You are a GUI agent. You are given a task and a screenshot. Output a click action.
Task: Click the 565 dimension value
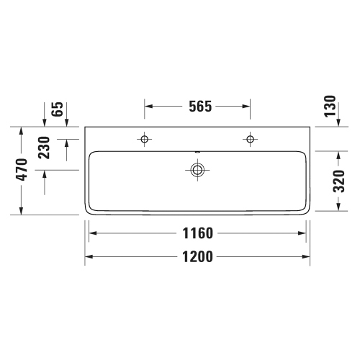(198, 107)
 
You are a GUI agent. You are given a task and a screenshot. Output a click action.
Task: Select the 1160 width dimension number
(198, 233)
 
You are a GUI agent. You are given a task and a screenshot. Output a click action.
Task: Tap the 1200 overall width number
(198, 256)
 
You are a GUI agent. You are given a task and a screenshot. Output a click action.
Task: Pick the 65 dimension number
(58, 112)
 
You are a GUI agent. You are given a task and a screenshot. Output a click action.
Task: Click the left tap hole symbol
(145, 138)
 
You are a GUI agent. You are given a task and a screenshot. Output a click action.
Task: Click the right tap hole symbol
(250, 138)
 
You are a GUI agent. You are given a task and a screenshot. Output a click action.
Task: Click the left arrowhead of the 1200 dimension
(89, 256)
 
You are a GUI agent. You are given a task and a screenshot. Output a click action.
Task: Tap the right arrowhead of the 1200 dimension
(307, 256)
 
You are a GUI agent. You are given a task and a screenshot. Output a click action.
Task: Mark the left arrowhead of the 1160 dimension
(92, 233)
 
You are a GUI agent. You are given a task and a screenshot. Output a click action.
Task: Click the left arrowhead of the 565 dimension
(148, 107)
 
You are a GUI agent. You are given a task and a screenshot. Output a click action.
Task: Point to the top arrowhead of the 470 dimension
(22, 132)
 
